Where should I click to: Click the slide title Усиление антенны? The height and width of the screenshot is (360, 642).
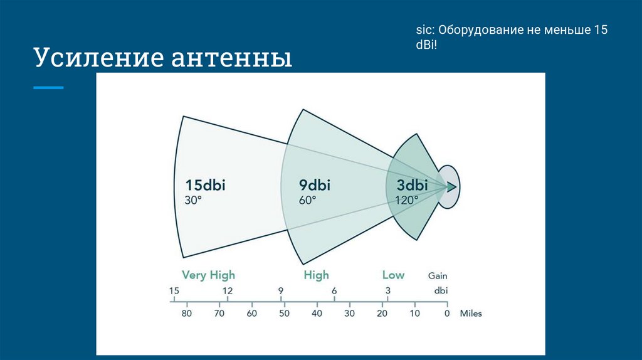[x=163, y=57]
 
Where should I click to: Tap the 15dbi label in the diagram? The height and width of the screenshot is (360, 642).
[x=205, y=185]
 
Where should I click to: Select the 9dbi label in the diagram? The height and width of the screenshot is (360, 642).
[x=315, y=185]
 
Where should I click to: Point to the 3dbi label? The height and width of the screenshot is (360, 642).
[x=412, y=185]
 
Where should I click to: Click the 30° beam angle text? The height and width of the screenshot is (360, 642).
[x=193, y=200]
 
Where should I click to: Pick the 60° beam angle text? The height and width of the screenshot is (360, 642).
[x=307, y=200]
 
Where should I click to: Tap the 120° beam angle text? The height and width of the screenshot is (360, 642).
[x=406, y=200]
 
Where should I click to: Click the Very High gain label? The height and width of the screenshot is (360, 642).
[x=208, y=275]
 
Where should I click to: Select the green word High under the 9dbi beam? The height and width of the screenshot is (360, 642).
[x=316, y=275]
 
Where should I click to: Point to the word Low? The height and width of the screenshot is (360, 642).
[x=393, y=275]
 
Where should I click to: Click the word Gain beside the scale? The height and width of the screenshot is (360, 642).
[x=438, y=275]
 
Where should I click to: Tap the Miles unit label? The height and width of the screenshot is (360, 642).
[x=471, y=314]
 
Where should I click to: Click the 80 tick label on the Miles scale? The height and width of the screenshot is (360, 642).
[x=187, y=314]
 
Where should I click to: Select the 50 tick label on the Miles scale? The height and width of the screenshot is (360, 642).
[x=284, y=314]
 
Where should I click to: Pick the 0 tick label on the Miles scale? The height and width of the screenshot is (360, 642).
[x=447, y=314]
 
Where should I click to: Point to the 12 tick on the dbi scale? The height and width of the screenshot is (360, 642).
[x=228, y=291]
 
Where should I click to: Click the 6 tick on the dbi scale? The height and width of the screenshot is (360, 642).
[x=334, y=291]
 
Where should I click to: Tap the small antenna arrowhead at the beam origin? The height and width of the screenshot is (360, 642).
[x=451, y=187]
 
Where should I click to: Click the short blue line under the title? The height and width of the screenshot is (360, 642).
[x=48, y=88]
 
